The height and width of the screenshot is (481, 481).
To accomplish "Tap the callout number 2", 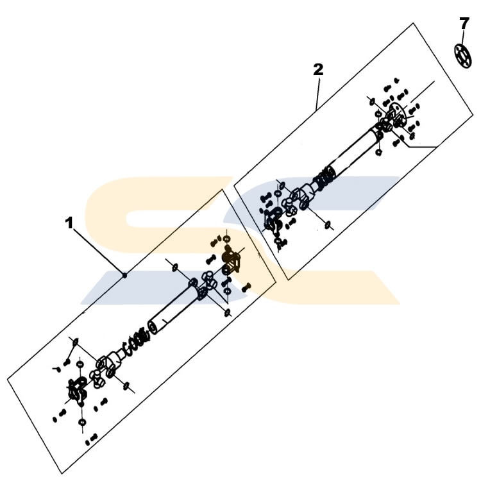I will pyautogui.click(x=318, y=69).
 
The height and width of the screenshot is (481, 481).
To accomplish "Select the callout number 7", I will pyautogui.click(x=464, y=24).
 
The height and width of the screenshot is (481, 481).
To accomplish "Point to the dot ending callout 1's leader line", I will pyautogui.click(x=125, y=275).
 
